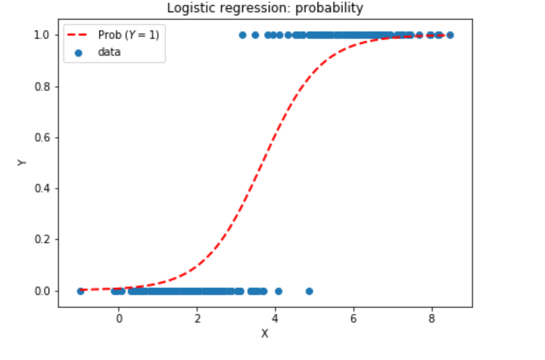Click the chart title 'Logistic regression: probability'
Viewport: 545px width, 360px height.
(265, 8)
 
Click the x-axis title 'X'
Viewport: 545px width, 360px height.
(265, 333)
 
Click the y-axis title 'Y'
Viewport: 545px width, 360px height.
(22, 162)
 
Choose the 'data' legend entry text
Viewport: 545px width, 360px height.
(109, 52)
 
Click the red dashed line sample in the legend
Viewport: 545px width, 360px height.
(80, 35)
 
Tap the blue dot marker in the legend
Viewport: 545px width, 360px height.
(80, 52)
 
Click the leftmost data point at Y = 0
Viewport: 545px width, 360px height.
(80, 291)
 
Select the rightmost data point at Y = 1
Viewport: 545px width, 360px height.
(450, 35)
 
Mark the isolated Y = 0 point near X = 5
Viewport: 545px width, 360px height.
(309, 291)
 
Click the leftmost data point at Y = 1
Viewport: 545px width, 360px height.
(243, 35)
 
